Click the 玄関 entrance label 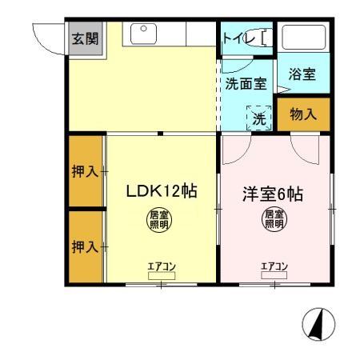(x=82, y=38)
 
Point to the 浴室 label (x=302, y=74)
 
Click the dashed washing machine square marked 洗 (x=258, y=117)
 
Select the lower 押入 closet (x=84, y=246)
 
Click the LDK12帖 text (x=162, y=192)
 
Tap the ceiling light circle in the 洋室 (x=274, y=219)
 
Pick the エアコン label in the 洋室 (x=274, y=267)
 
